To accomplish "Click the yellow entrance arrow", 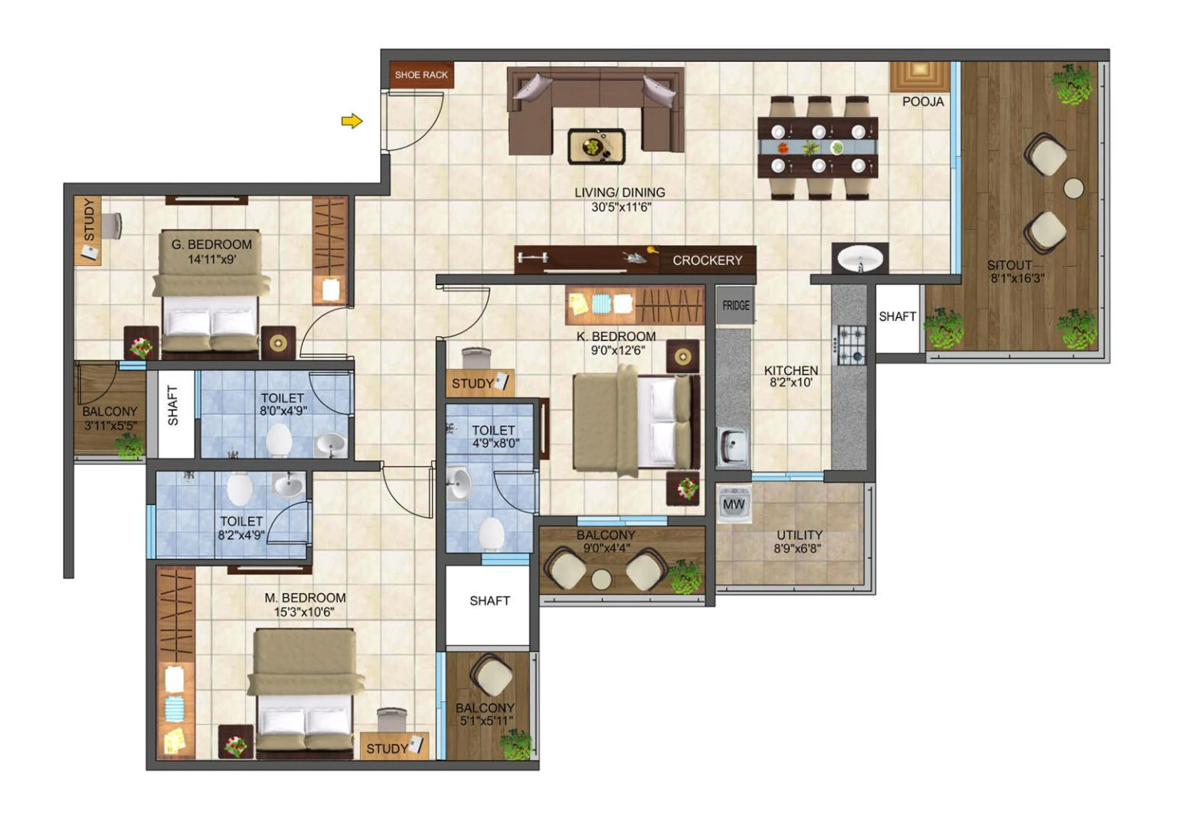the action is pos(352,121).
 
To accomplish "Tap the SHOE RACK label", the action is pos(421,75).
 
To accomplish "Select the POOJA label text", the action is pos(923,102).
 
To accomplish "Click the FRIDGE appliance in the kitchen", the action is pos(735,305).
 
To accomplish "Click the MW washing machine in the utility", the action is pos(734,504).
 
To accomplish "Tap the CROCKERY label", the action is pos(707,260).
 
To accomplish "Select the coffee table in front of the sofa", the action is pos(596,146).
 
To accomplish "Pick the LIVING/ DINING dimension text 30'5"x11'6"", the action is pos(621,207).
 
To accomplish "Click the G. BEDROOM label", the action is pos(212,244).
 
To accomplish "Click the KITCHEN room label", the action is pos(791,370).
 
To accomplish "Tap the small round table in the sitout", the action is pos(1074,188).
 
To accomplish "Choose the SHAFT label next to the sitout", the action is pos(897,316).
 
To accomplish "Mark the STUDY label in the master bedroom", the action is pos(387,749).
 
